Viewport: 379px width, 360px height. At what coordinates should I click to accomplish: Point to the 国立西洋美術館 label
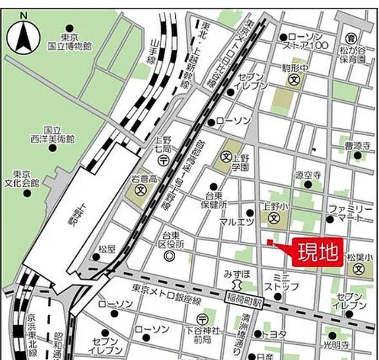pyautogui.click(x=53, y=135)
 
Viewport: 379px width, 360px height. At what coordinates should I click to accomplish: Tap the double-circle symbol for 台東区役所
pyautogui.click(x=170, y=254)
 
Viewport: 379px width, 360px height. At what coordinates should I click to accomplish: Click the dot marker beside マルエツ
pyautogui.click(x=250, y=213)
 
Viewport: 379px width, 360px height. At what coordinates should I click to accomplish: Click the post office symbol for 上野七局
pyautogui.click(x=164, y=160)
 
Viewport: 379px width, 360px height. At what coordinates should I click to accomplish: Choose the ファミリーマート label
pyautogui.click(x=352, y=213)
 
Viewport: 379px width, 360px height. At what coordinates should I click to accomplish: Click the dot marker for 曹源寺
pyautogui.click(x=357, y=155)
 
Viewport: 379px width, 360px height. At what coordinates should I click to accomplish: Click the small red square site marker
pyautogui.click(x=270, y=242)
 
